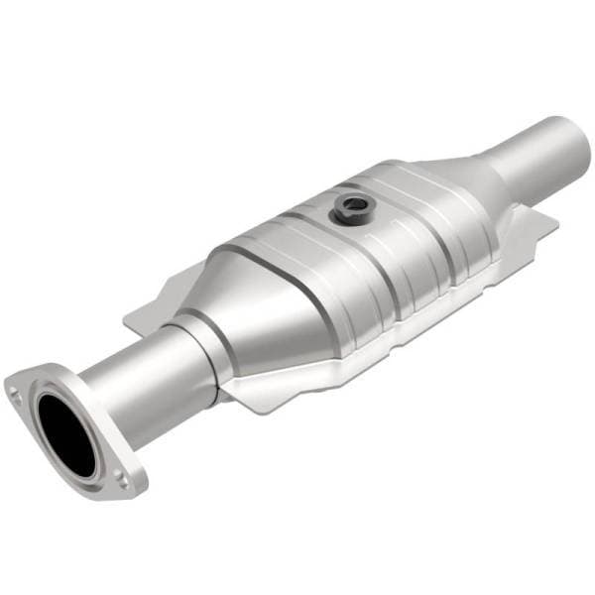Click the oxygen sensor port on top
pos(350,208)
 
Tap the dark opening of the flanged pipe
pos(68,432)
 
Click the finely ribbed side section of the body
pos(426,268)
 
